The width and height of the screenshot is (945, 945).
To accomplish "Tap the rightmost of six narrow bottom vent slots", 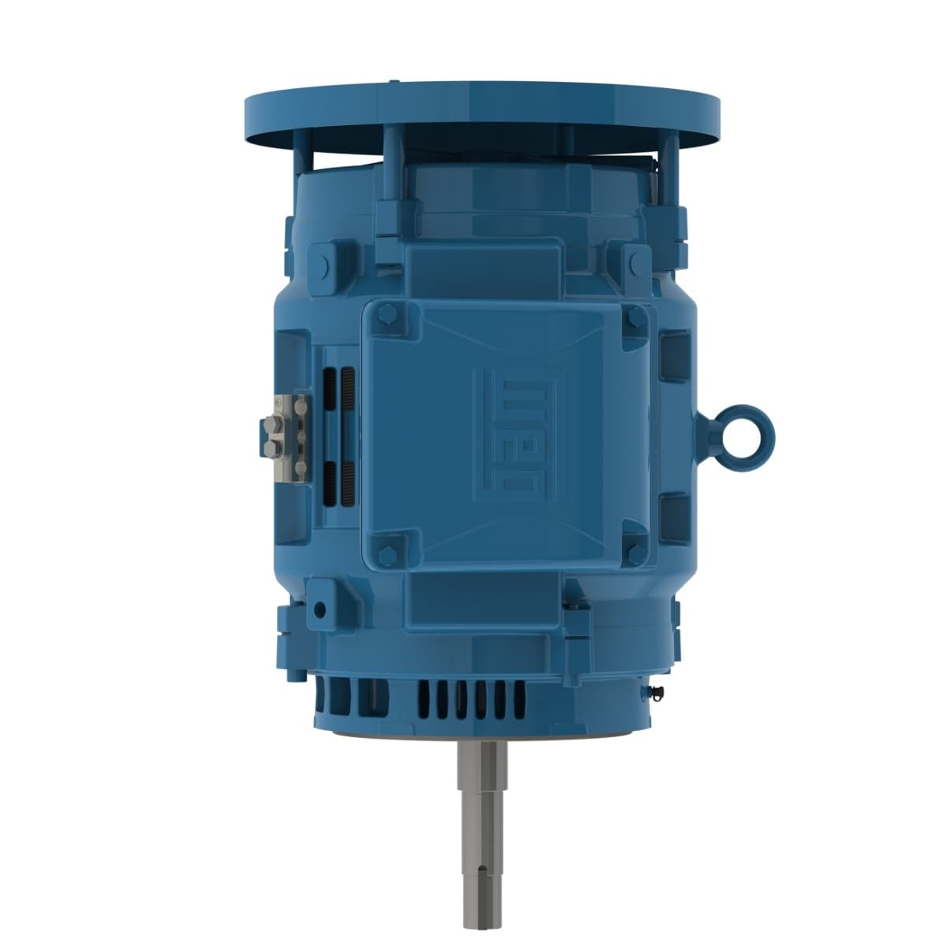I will (x=521, y=698).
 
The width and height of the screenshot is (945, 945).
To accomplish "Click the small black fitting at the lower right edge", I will (x=658, y=691).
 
